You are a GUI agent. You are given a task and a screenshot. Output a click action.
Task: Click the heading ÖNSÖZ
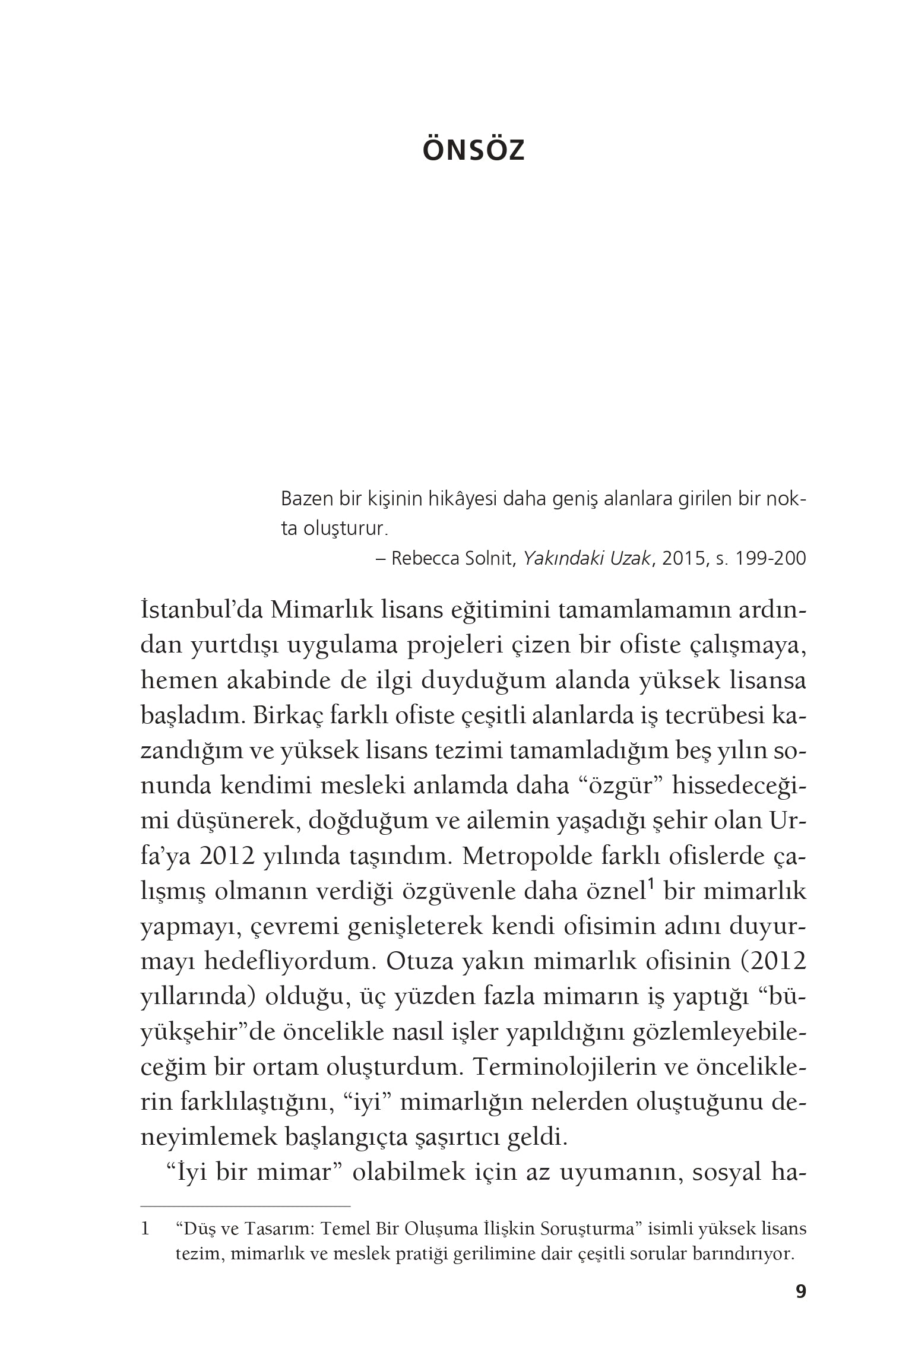pyautogui.click(x=473, y=151)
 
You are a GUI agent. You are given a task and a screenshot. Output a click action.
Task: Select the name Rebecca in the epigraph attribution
pyautogui.click(x=423, y=559)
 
